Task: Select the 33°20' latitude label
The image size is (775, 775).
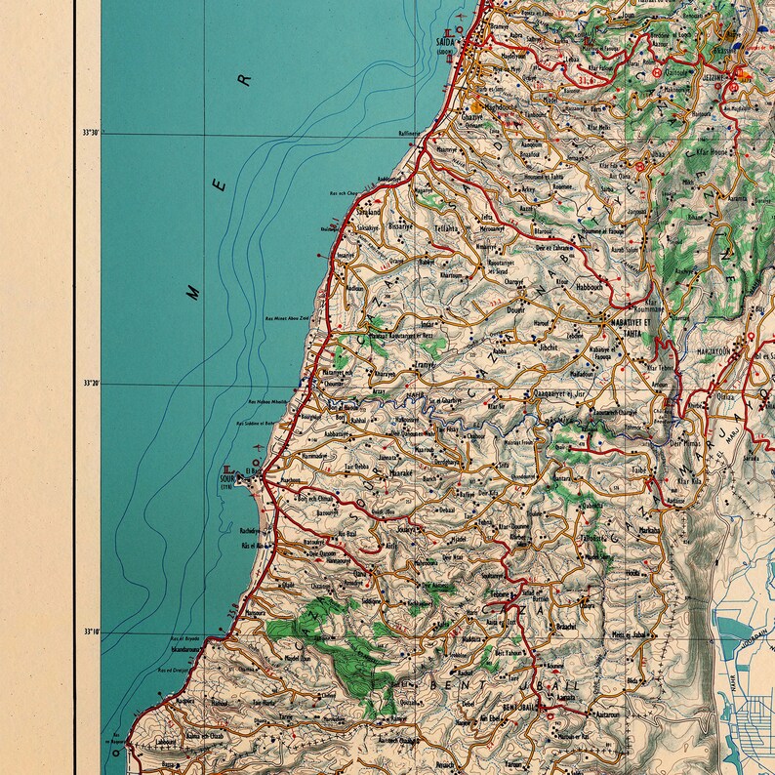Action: coord(91,384)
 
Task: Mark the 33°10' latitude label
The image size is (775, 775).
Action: coord(91,632)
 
